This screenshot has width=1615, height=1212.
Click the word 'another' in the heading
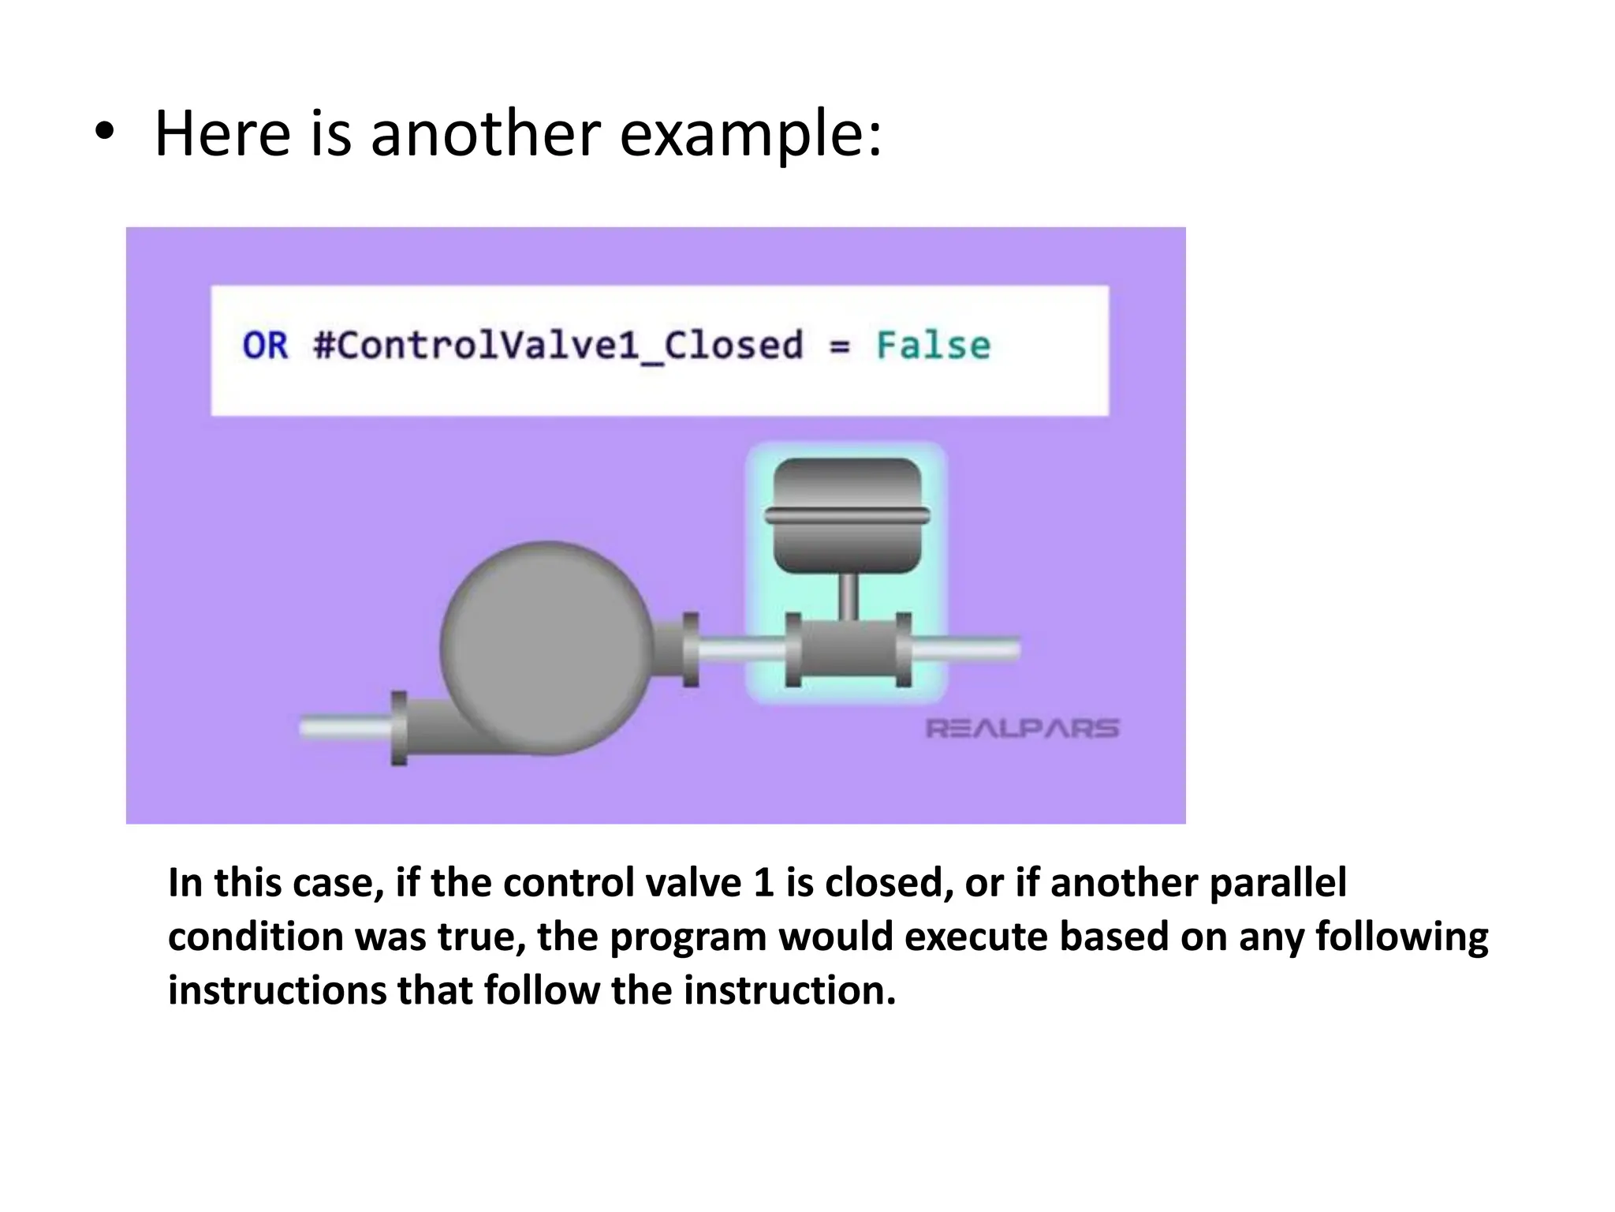(x=485, y=133)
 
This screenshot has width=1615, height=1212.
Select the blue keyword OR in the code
(x=265, y=346)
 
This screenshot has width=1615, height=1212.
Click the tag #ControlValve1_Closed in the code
(x=558, y=346)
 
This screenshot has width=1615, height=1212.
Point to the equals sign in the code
(x=840, y=346)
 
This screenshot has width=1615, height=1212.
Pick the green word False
(x=934, y=346)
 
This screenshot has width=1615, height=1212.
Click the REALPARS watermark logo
(x=1022, y=728)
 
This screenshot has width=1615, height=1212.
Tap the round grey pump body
(x=546, y=647)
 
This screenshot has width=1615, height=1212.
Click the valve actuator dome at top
(x=848, y=514)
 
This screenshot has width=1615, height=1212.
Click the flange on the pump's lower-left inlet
(x=399, y=728)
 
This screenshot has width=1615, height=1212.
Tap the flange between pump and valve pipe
(x=691, y=649)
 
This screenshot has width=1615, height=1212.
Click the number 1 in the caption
(x=763, y=883)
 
